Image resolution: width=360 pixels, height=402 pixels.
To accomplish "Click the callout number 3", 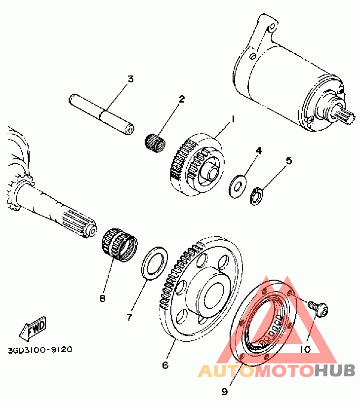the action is tap(131, 79).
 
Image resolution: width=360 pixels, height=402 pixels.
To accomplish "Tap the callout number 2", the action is tap(182, 99).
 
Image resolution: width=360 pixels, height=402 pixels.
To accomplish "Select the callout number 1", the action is tap(233, 119).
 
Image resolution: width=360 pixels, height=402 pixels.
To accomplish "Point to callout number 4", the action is tap(259, 150).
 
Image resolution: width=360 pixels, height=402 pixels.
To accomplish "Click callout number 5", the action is tap(289, 161).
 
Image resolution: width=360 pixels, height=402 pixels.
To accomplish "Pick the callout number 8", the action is tap(102, 298).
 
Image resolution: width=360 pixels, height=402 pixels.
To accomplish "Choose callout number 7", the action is tap(129, 318).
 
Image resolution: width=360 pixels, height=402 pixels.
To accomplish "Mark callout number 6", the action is tap(165, 365).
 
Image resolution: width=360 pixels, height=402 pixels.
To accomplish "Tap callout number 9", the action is tap(225, 392).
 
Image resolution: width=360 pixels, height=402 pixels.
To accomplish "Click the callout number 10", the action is tap(305, 349).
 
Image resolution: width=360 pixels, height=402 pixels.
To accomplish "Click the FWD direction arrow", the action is tap(33, 329).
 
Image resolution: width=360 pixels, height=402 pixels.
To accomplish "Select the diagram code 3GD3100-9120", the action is tap(40, 350).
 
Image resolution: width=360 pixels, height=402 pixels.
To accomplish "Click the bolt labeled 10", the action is tap(318, 309).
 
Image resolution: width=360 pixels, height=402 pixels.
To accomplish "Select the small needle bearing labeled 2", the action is tap(155, 143).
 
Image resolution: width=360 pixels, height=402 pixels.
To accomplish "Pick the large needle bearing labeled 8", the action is tap(120, 245).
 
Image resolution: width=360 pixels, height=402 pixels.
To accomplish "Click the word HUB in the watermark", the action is tap(335, 370).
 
